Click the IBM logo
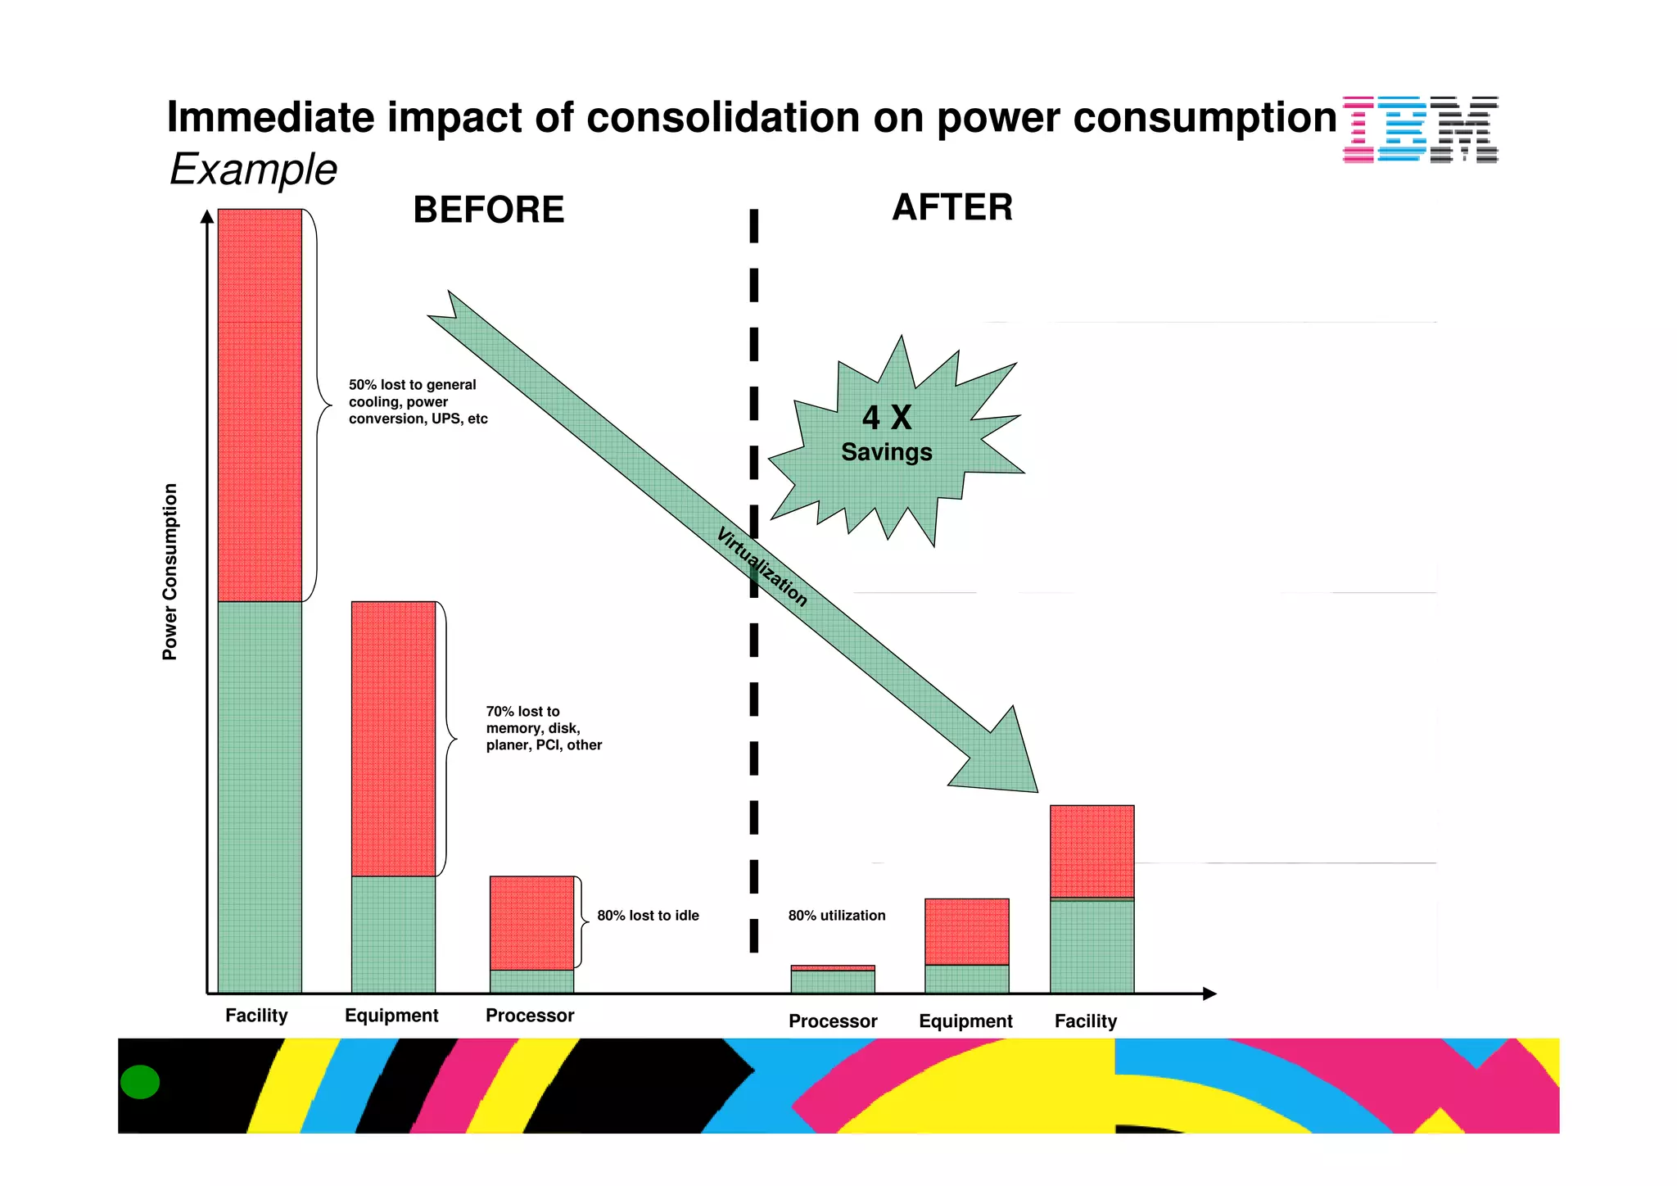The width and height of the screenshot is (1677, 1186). coord(1420,129)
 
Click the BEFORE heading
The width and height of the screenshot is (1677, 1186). coord(488,210)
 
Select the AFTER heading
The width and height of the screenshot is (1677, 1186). coord(952,207)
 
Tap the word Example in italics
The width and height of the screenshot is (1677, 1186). coord(253,170)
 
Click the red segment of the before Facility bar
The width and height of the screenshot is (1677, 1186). coord(260,405)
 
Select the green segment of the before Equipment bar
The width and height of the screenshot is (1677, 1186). coord(393,935)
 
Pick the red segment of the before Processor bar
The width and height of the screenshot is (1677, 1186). coord(531,922)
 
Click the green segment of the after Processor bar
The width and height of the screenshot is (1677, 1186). coord(832,981)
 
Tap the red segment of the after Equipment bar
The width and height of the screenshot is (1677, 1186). coord(966,931)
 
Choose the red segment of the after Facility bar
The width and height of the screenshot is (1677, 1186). coord(1092,851)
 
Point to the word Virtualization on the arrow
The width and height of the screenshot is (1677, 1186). coord(762,567)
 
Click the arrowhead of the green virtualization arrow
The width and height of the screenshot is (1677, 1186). coord(1003,758)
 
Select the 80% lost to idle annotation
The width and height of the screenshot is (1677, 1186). coord(648,916)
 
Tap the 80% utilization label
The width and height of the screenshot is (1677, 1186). coord(836,916)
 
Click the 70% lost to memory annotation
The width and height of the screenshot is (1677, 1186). coord(543,728)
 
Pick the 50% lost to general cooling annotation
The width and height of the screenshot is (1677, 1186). coord(417,401)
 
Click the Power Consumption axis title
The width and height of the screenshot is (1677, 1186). coord(170,572)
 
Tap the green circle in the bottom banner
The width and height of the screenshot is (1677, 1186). coord(140,1082)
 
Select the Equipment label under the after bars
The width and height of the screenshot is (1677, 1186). coord(965,1021)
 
